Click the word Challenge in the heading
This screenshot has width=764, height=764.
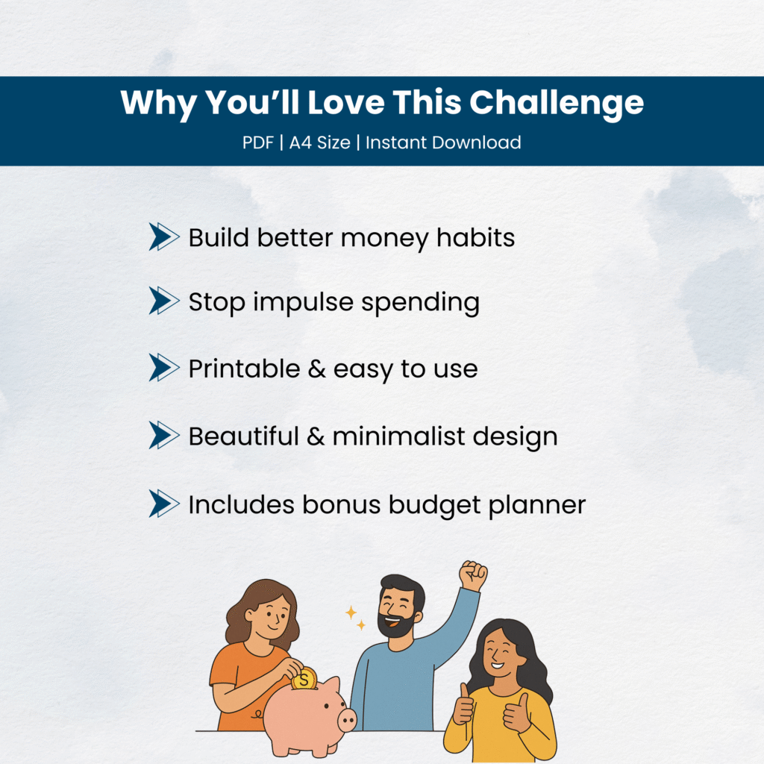tap(557, 103)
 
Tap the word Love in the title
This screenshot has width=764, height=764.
tap(346, 102)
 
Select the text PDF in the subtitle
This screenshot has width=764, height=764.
tap(258, 143)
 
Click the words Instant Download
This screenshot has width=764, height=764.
tap(443, 143)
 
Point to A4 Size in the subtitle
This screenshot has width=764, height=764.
tap(319, 143)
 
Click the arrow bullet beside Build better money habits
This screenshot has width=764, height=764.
tap(163, 237)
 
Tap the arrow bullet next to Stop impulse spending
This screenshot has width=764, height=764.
tap(163, 301)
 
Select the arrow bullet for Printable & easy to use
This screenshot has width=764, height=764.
tap(163, 367)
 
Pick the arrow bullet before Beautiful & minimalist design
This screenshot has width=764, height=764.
tap(163, 435)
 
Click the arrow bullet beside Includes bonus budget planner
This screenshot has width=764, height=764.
tap(163, 504)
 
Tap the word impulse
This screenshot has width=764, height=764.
tap(303, 303)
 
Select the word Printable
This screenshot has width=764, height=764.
tap(244, 369)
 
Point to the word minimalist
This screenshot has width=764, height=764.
tap(398, 436)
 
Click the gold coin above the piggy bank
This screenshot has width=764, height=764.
tap(304, 679)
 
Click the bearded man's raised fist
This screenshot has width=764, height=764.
tap(472, 575)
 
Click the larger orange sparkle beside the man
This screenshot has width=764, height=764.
tap(351, 613)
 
